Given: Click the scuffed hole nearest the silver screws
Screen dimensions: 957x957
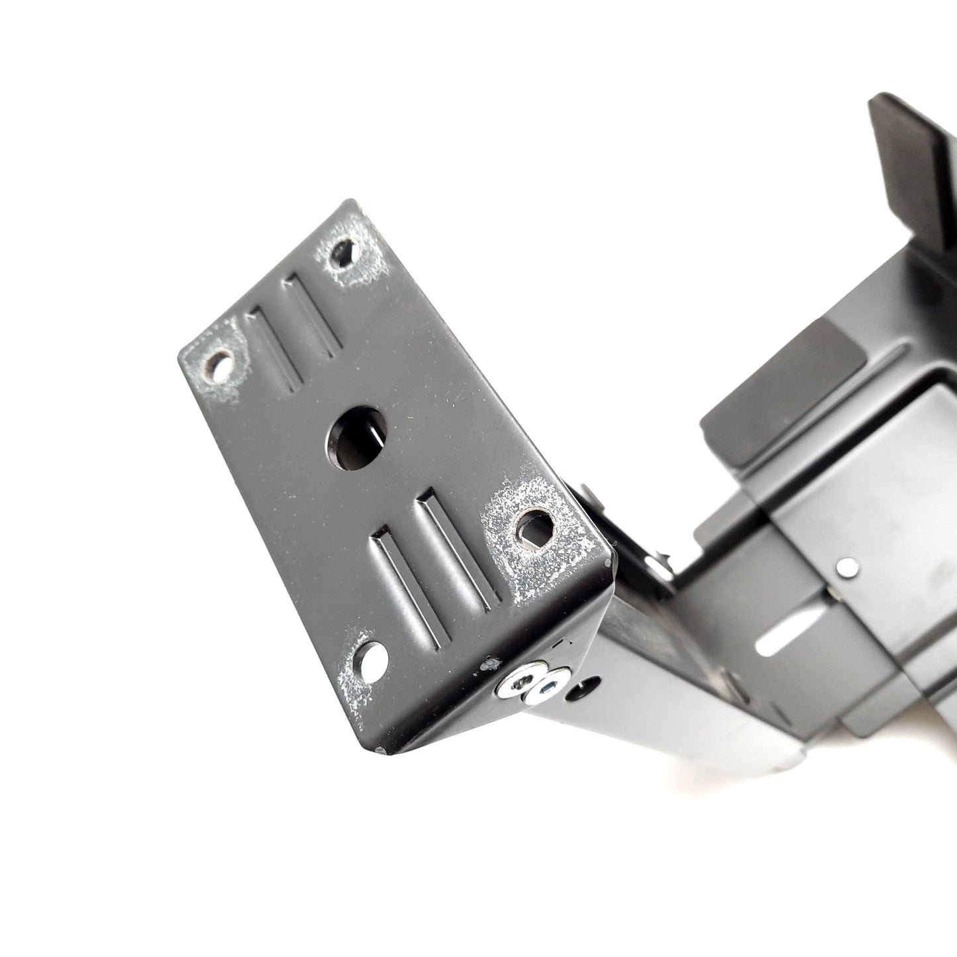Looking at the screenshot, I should pyautogui.click(x=534, y=527).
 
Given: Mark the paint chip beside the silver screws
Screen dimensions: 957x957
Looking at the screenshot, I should pyautogui.click(x=490, y=662).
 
